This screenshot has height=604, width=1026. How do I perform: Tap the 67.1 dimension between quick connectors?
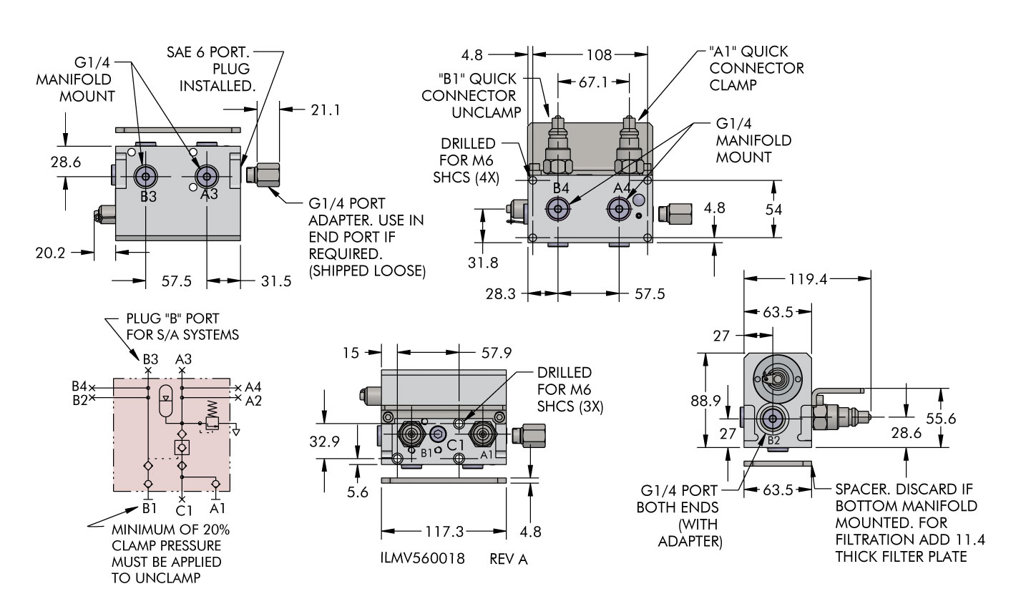coord(592,82)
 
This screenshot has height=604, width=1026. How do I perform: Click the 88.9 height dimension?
coord(705,401)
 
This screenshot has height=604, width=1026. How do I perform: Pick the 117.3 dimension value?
coord(445,532)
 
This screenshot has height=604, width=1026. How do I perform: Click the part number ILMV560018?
coord(423,558)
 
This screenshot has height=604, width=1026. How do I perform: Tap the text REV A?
coord(509,559)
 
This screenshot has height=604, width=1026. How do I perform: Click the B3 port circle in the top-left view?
coord(147,177)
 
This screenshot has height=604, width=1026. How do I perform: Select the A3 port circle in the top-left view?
coord(207,177)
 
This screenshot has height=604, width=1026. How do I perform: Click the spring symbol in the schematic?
coord(212,409)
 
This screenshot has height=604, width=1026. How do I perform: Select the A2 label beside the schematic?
coord(253,400)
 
